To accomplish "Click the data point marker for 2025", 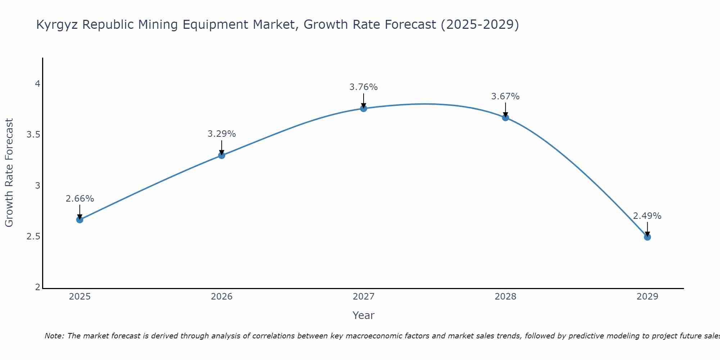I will [x=80, y=220].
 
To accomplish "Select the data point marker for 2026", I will [x=222, y=156].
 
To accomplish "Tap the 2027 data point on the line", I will [x=364, y=108].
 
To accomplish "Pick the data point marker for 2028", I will [x=505, y=117].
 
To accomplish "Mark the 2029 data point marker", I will [x=647, y=237].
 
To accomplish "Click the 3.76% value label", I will [x=364, y=87].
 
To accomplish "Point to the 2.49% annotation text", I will [x=647, y=216].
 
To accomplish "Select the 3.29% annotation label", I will [x=222, y=134].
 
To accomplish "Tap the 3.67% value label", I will [x=505, y=96].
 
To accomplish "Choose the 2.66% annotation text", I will [x=80, y=199].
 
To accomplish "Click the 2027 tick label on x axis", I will [x=364, y=297].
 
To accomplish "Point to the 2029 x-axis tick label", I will [x=647, y=297].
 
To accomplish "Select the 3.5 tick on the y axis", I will [x=33, y=135].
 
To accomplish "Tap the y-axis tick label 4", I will [x=37, y=84].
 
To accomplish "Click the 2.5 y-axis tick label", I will [x=33, y=237].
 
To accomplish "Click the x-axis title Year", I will [x=364, y=315].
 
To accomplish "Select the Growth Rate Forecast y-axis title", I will [x=9, y=173].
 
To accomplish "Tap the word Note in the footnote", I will [x=54, y=336].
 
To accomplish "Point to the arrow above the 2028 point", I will [x=505, y=109].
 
